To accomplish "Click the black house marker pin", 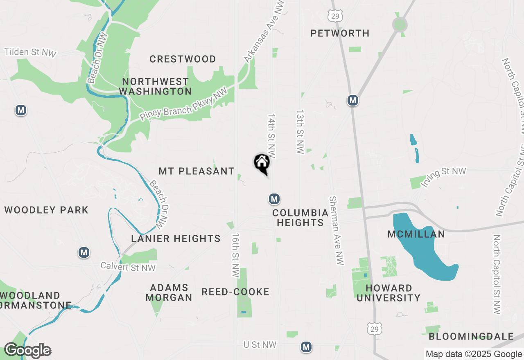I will tap(262, 163).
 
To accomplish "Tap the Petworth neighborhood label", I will tap(340, 33).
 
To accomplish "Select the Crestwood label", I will tap(183, 59).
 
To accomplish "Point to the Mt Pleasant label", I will tap(196, 171).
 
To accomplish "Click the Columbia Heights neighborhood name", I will tap(300, 218).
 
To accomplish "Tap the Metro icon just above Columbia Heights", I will tap(274, 199).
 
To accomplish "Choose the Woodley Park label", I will tap(46, 210).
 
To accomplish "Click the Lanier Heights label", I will tap(176, 239).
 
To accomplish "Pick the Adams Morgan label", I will tap(169, 292).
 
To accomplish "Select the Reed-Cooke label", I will tap(235, 292).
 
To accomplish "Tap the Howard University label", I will tap(388, 293).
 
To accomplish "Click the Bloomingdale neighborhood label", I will tap(471, 337).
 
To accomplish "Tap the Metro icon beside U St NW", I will tap(306, 347).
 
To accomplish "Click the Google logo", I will tap(27, 351).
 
